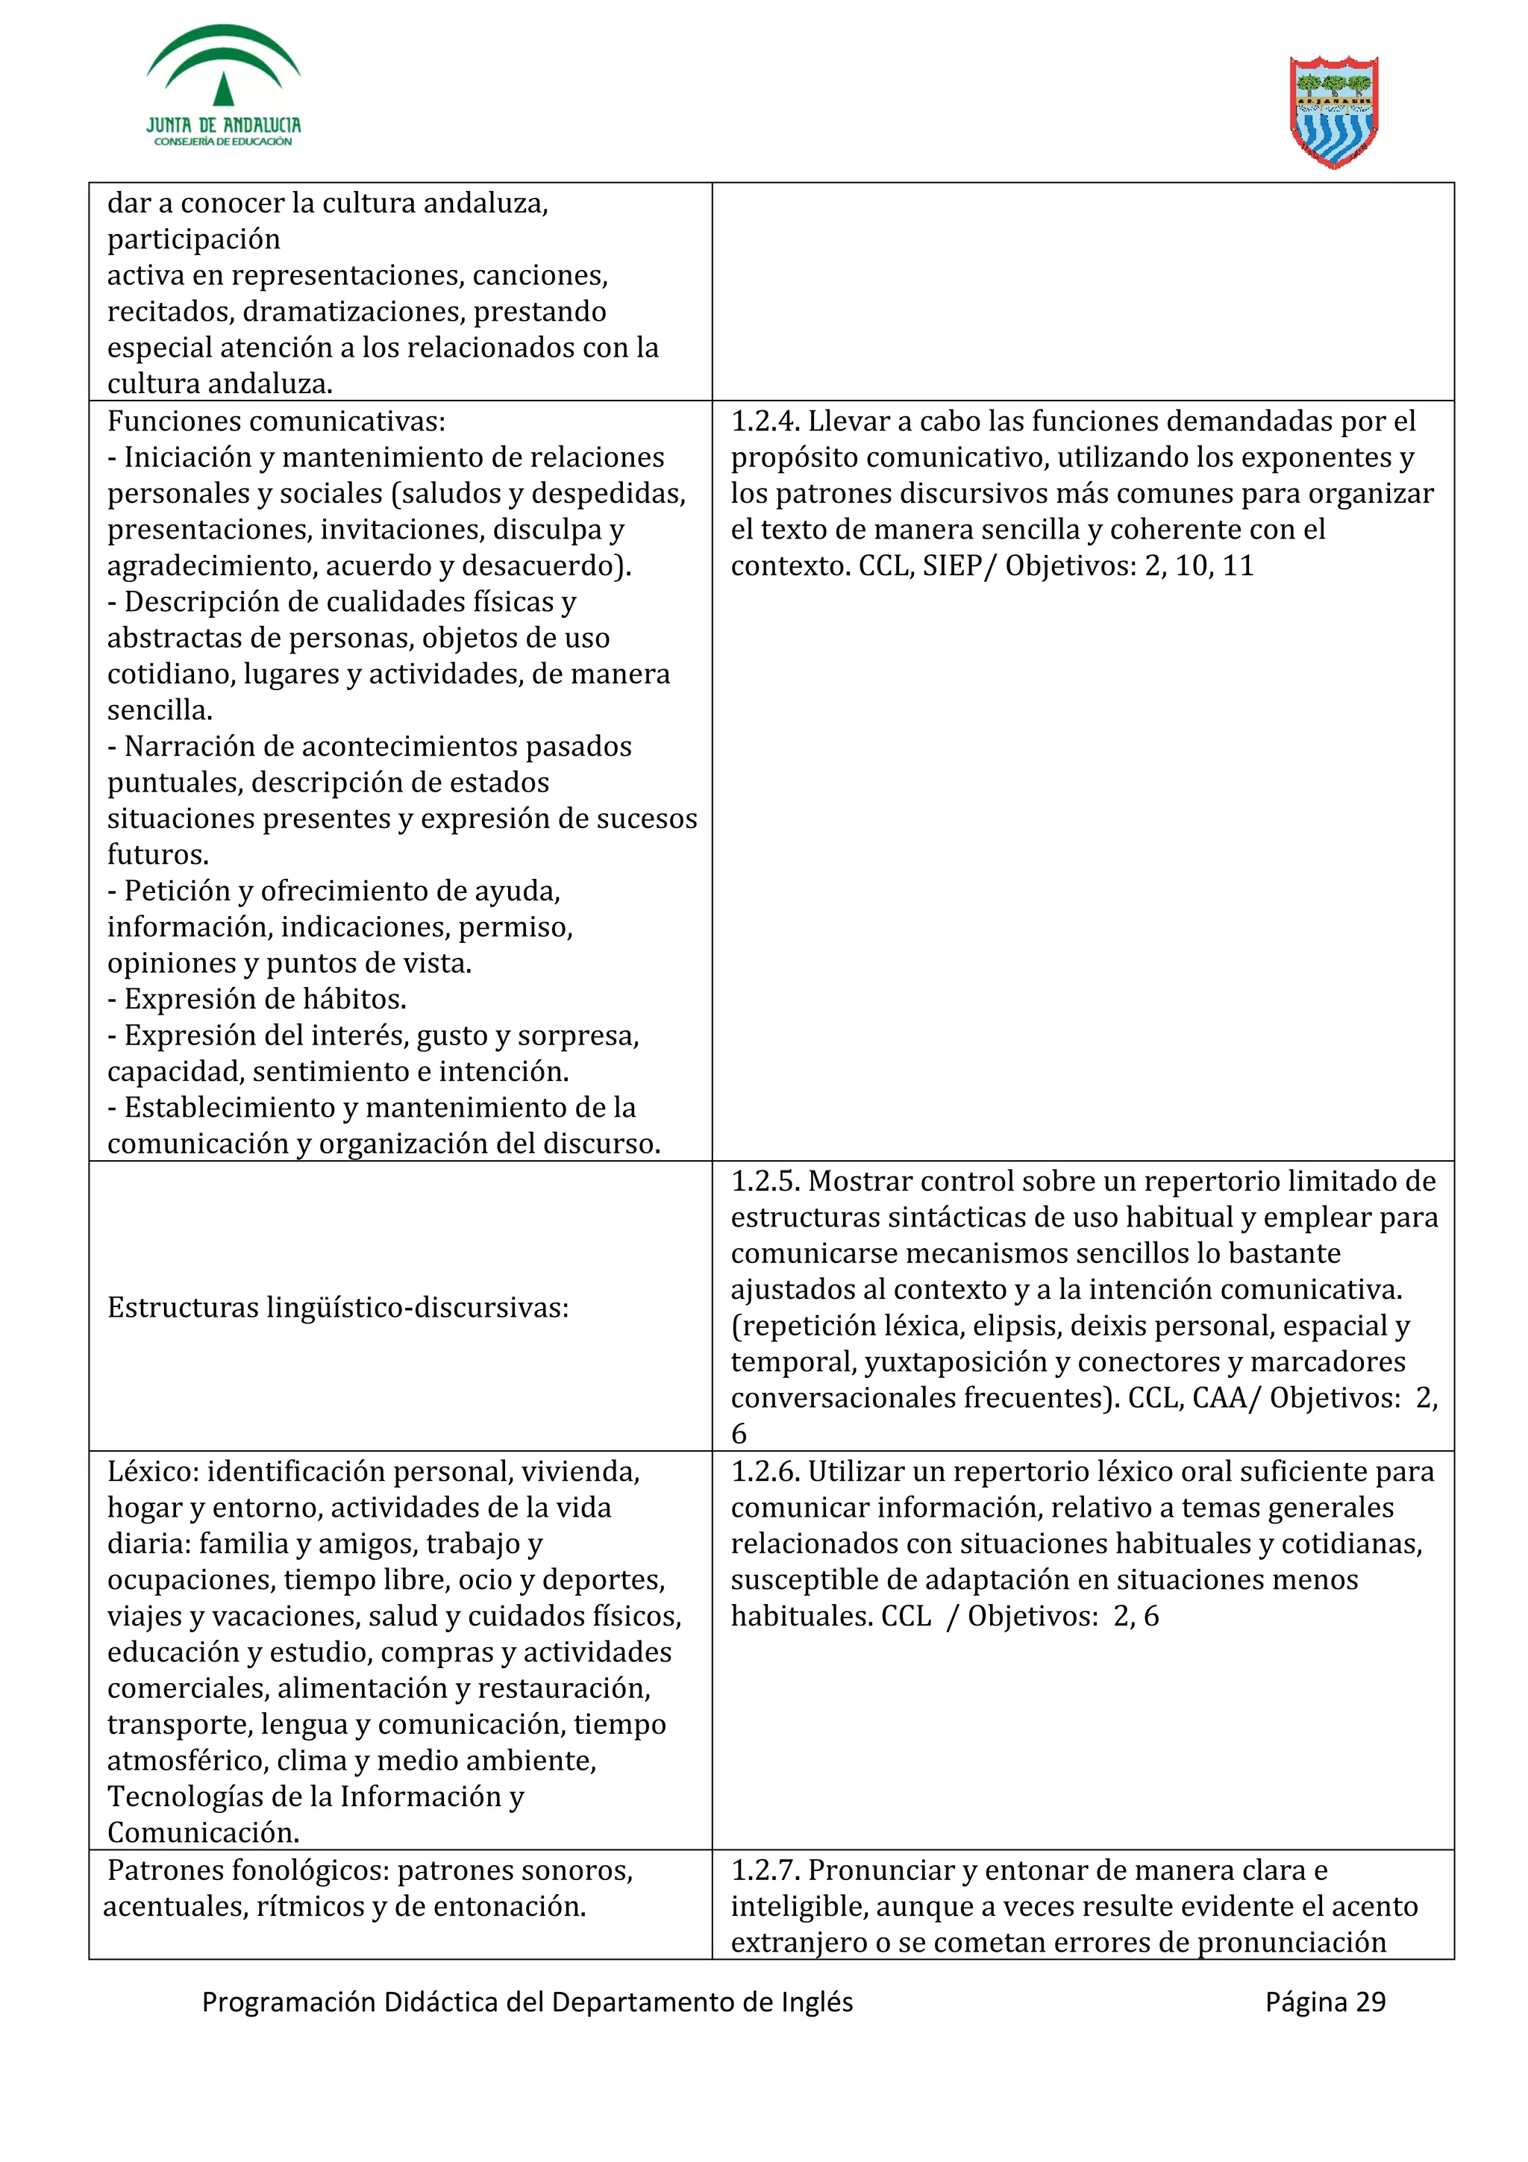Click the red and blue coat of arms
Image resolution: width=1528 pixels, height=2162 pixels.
point(1333,112)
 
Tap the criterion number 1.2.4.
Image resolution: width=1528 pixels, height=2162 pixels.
point(765,421)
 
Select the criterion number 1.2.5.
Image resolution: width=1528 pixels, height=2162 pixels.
point(765,1181)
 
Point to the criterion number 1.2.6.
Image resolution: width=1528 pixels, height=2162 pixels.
point(765,1471)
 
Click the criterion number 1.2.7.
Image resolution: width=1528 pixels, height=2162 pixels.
point(765,1870)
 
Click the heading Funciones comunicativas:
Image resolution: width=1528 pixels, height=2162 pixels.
point(276,421)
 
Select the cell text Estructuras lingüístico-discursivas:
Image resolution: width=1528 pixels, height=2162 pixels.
point(337,1307)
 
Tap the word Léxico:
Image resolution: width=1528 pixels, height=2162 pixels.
point(152,1471)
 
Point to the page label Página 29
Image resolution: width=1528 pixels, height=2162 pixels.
point(1324,2002)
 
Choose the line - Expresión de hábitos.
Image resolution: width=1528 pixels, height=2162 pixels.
point(256,999)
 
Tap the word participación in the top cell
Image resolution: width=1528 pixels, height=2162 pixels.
point(193,239)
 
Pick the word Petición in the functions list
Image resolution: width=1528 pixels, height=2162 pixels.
point(176,891)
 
